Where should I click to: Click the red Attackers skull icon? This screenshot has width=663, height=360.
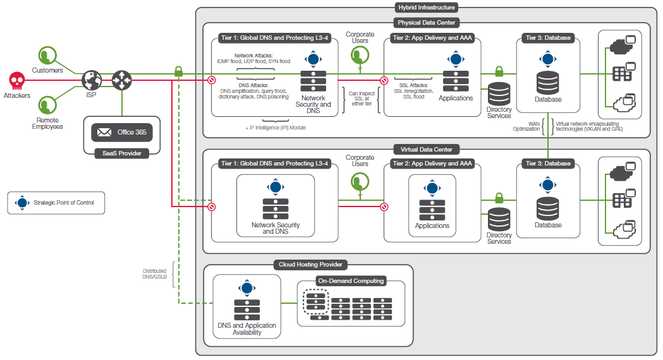point(16,80)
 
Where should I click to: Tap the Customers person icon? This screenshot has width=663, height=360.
point(47,56)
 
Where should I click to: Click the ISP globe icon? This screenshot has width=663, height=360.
point(92,80)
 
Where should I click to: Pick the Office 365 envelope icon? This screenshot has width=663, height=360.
point(103,132)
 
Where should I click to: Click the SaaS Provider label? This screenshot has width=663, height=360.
point(121,153)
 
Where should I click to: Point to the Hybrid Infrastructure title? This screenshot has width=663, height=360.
point(426,8)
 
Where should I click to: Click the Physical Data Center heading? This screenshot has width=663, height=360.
point(426,23)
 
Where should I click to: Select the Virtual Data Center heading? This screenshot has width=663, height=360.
point(426,149)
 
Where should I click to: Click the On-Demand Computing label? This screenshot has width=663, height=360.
point(351,281)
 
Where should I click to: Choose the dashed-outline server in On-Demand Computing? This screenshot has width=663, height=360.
point(315,301)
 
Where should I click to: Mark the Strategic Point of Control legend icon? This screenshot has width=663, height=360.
point(22,203)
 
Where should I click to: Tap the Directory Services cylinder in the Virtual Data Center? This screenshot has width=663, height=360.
point(499,219)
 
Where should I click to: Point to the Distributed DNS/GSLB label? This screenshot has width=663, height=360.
point(154,274)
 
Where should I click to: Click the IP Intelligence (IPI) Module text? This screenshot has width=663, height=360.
point(277,128)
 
